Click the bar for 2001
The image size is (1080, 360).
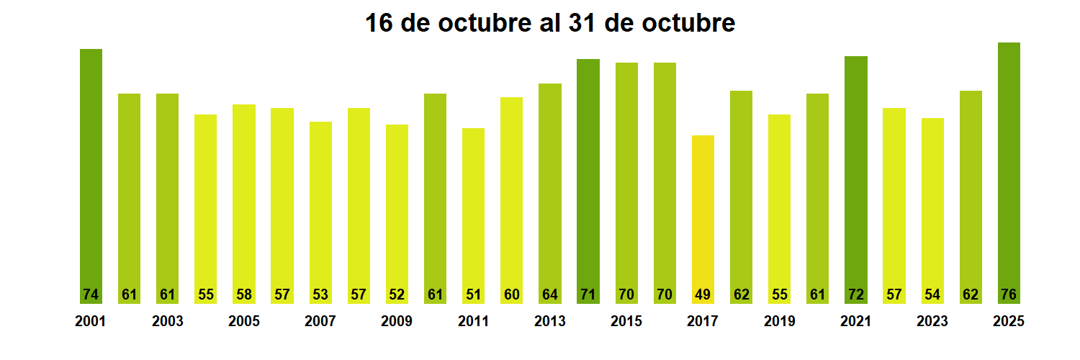(x=91, y=173)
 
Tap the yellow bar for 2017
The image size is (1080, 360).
(x=703, y=216)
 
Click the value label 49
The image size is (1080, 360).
(x=703, y=294)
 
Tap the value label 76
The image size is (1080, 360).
(x=1009, y=294)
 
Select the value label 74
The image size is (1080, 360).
(x=91, y=294)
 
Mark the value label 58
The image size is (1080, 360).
(x=243, y=294)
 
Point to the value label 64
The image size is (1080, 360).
(x=549, y=294)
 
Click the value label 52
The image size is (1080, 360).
(x=397, y=294)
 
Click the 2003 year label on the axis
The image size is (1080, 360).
(x=167, y=322)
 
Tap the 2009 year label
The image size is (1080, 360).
(x=397, y=322)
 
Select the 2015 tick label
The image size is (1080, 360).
(x=626, y=322)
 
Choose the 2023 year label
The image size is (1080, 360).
(x=932, y=322)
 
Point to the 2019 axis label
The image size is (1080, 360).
(x=780, y=322)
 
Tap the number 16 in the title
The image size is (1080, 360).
(x=379, y=23)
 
